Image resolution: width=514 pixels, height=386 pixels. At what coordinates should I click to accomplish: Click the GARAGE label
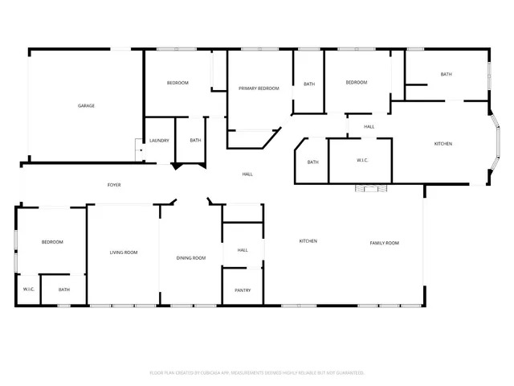(x=86, y=105)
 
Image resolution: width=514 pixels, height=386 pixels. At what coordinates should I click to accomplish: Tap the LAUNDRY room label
(x=159, y=141)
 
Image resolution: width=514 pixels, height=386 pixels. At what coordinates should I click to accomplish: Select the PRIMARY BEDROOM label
(x=259, y=88)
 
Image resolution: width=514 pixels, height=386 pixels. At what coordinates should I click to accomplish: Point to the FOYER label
(x=115, y=185)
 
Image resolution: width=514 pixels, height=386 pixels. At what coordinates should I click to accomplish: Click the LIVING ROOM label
(x=124, y=253)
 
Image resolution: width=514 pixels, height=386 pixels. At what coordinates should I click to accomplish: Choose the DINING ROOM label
(x=191, y=257)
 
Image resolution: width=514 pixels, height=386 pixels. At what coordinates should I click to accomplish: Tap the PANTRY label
(x=243, y=290)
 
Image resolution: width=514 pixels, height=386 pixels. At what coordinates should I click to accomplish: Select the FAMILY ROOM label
(x=384, y=243)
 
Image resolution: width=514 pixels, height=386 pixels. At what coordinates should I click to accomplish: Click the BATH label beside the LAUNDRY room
(x=195, y=141)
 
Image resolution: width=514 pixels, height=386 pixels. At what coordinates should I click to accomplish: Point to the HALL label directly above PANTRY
(x=243, y=250)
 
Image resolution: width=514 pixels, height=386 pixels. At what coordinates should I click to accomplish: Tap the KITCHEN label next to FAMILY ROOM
(x=308, y=241)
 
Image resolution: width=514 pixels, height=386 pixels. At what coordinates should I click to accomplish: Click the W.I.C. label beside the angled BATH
(x=361, y=161)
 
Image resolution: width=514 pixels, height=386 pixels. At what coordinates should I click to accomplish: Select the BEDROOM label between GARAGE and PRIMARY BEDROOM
(x=177, y=83)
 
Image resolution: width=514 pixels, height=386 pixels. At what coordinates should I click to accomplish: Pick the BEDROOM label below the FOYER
(x=52, y=242)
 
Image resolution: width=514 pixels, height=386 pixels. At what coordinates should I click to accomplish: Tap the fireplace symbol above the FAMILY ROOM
(x=371, y=189)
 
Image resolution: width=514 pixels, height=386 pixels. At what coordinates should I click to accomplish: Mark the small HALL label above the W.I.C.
(x=369, y=127)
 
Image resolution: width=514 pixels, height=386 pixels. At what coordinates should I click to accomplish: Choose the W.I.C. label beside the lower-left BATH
(x=28, y=289)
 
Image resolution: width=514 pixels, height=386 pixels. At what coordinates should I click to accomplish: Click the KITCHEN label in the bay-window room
(x=443, y=144)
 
